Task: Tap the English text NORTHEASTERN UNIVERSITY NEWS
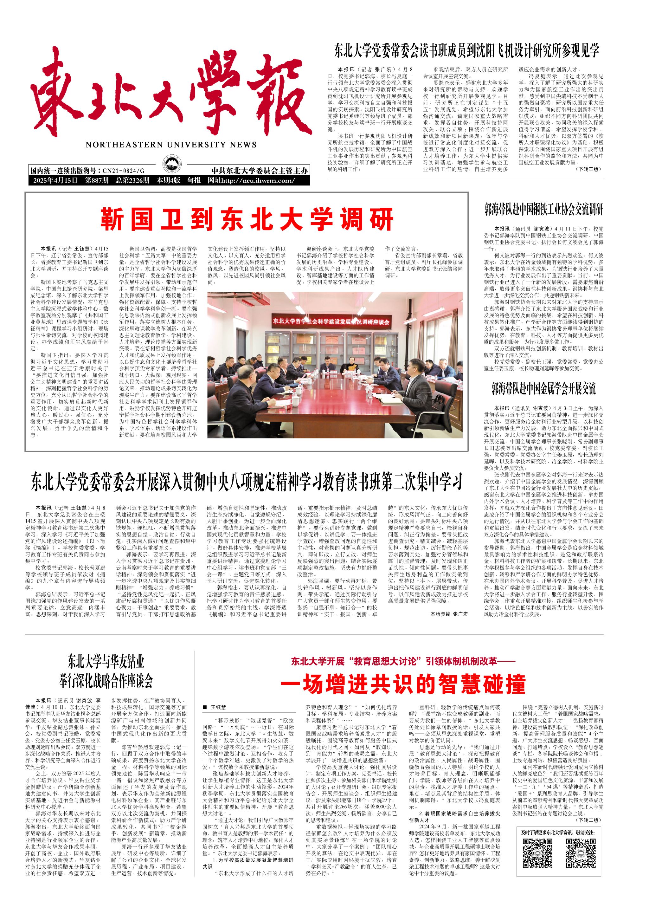click(x=171, y=145)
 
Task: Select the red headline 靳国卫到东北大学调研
click(x=247, y=219)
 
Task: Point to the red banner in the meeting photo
click(x=331, y=321)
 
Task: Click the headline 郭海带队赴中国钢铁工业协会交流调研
click(x=543, y=210)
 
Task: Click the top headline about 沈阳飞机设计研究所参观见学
click(x=467, y=51)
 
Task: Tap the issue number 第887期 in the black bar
click(x=96, y=180)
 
